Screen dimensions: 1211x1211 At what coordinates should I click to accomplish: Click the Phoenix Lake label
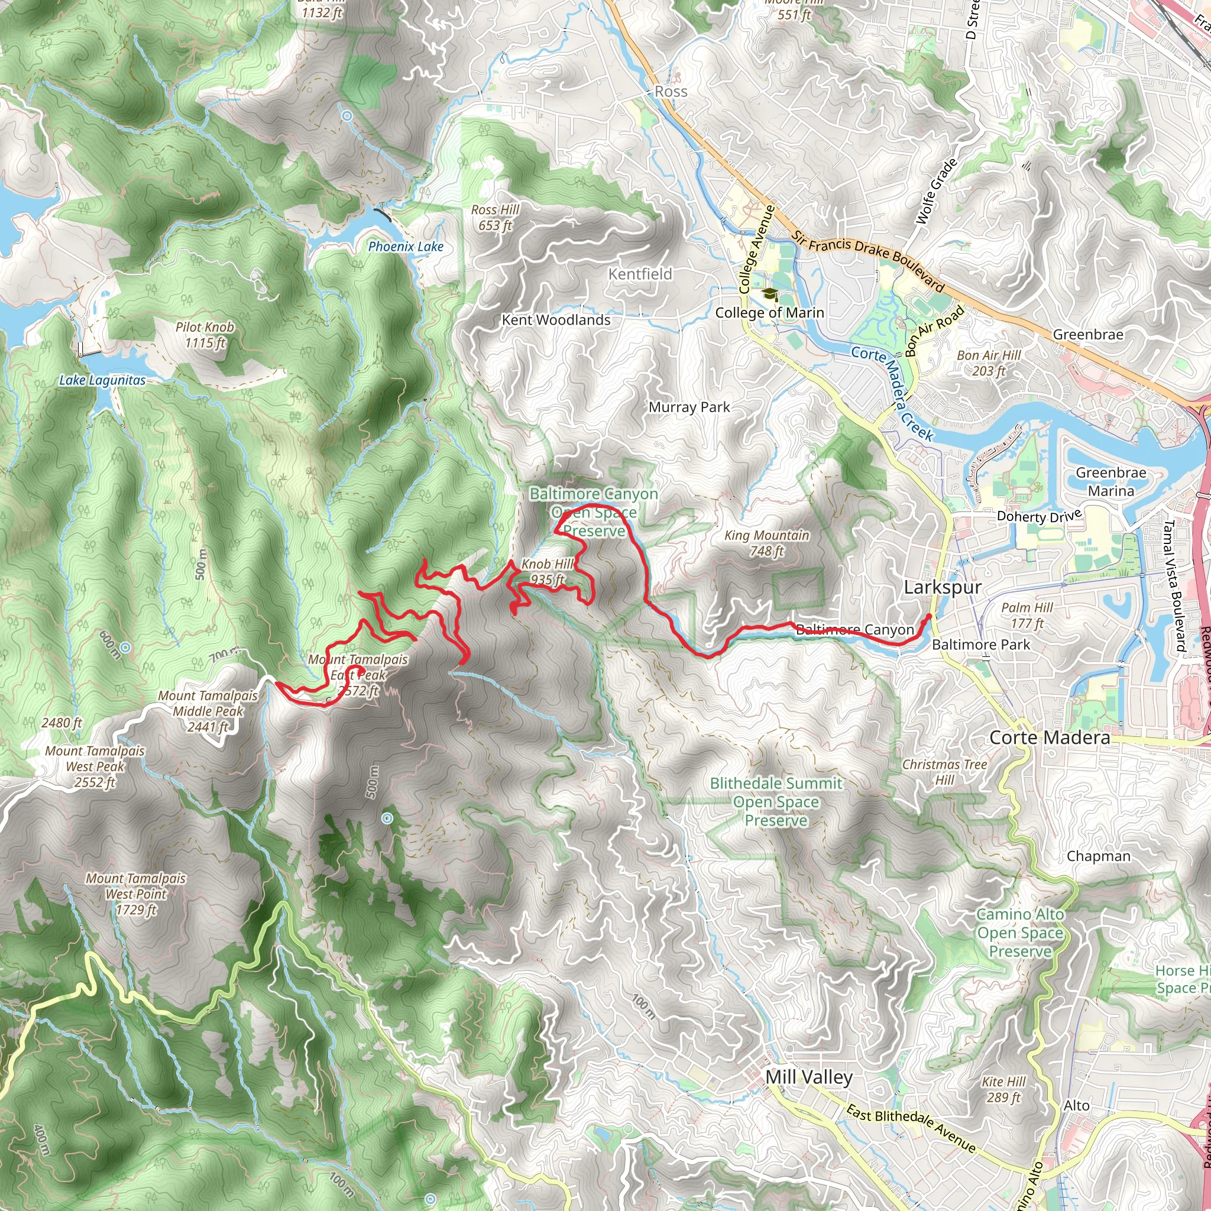tap(406, 247)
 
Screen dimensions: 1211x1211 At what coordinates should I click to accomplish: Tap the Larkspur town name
tap(942, 587)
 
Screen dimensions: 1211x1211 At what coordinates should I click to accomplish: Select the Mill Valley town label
tap(808, 1077)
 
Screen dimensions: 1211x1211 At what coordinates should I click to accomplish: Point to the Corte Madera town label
tap(1050, 738)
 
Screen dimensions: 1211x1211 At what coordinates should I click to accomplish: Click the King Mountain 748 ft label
tap(766, 543)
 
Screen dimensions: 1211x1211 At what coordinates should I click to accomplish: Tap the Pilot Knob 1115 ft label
tap(205, 335)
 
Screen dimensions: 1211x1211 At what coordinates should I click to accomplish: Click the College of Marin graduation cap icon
tap(769, 294)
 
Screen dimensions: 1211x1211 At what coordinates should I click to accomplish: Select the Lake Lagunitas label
tap(102, 380)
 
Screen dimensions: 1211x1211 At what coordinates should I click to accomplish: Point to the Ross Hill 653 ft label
tap(495, 218)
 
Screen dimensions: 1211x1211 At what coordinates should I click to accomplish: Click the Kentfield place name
tap(640, 274)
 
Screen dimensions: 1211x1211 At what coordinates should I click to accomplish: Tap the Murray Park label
tap(689, 407)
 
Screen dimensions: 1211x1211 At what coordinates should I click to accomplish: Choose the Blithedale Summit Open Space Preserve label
tap(776, 802)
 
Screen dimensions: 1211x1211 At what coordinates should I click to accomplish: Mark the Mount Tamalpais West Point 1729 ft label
tap(136, 895)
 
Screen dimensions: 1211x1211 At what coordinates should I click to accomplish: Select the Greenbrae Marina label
tap(1110, 481)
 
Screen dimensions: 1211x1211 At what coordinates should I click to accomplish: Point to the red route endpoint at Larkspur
tap(930, 616)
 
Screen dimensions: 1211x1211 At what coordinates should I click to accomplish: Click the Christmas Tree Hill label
tap(944, 772)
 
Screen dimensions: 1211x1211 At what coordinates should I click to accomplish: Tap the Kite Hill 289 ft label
tap(1003, 1089)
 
